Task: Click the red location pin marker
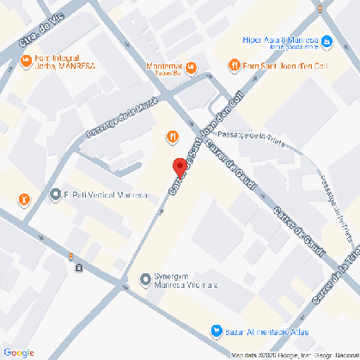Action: pos(180,168)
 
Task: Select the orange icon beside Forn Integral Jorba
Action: pos(26,62)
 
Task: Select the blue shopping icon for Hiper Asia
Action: pos(326,40)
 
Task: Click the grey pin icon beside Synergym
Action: pos(144,279)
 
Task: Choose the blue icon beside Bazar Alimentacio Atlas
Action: pos(217,331)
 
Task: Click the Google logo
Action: pos(18,351)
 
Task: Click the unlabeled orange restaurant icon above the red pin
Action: pos(172,136)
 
